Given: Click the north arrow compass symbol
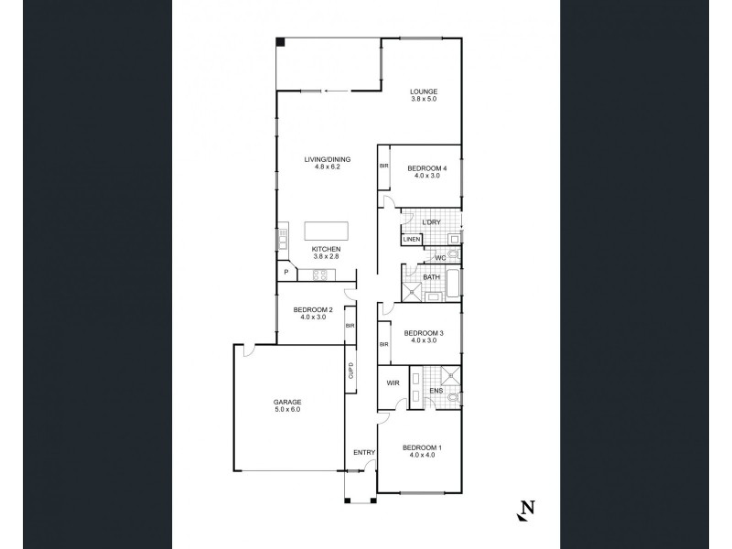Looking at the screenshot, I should (525, 510).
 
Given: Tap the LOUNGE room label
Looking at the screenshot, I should (423, 91).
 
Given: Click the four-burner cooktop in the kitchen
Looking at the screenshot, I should (320, 273).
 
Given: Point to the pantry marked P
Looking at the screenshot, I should (286, 272).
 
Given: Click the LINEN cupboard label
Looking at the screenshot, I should (412, 240).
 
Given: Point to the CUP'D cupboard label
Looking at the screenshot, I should (350, 372).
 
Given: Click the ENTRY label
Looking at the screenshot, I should (364, 452).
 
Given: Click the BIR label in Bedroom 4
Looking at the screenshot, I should (384, 166).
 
